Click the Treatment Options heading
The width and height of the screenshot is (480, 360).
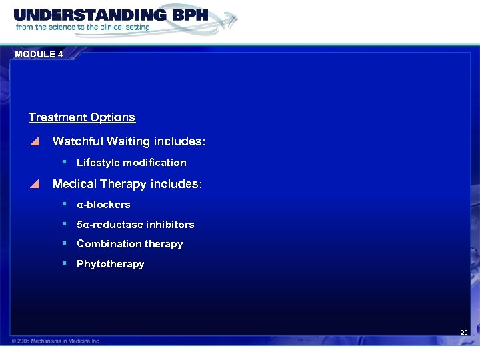pos(82,117)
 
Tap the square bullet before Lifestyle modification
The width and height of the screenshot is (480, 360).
pos(64,162)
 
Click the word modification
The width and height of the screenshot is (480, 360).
pos(156,163)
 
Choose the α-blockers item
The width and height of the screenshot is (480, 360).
pos(103,205)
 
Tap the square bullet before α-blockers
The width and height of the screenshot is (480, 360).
pos(64,204)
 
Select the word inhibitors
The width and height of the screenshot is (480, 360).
pos(171,225)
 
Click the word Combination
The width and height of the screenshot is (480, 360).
pos(108,244)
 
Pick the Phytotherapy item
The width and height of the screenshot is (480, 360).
pos(110,264)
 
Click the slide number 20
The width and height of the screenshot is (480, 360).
pos(464,332)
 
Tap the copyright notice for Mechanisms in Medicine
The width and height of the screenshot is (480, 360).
pos(56,341)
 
